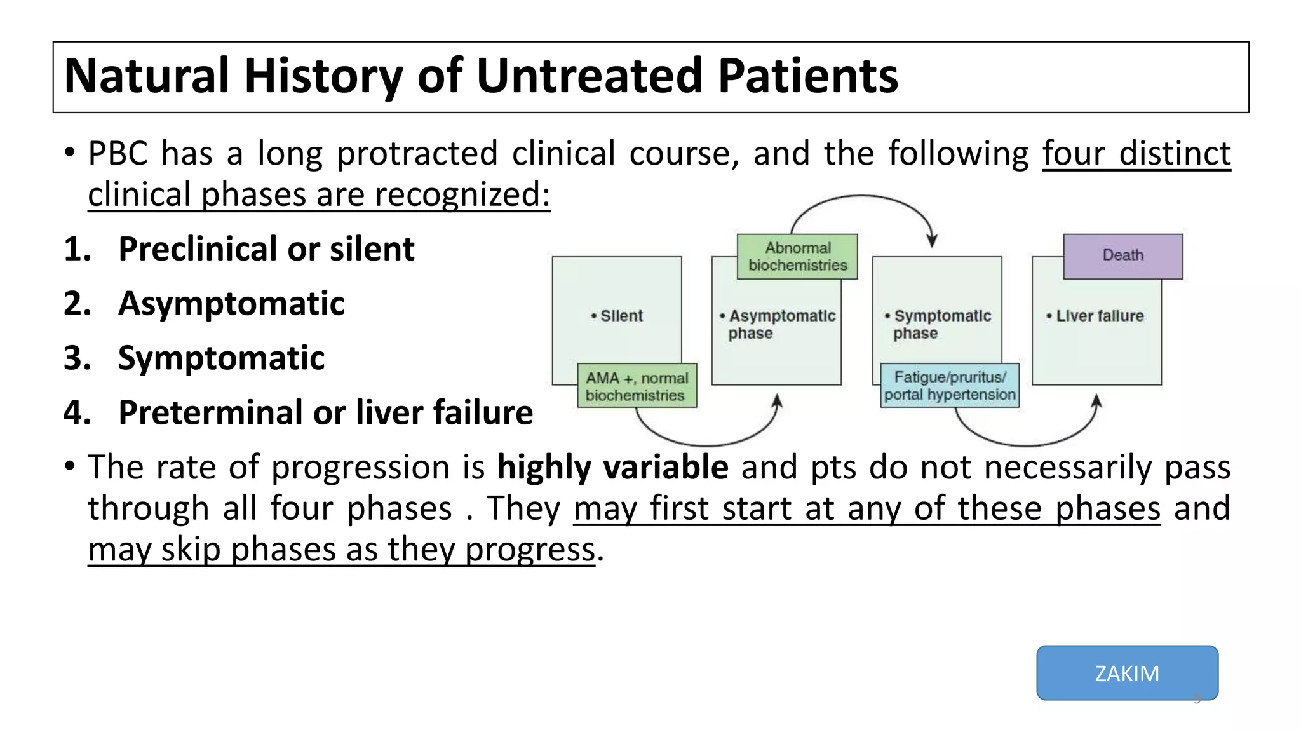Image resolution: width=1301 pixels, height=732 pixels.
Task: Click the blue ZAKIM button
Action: pos(1127,673)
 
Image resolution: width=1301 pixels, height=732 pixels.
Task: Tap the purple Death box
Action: pos(1122,255)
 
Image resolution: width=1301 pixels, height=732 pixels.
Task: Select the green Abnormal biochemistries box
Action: pos(797,257)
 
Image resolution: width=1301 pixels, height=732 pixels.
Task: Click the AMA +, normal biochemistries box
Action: pos(637,386)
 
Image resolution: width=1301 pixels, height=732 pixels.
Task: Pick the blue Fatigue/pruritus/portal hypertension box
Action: pos(950,386)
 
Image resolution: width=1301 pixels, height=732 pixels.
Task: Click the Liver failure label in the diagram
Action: pos(1099,316)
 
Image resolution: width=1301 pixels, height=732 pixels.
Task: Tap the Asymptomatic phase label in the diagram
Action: pos(781,324)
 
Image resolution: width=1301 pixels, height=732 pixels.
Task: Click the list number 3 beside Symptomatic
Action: pos(76,358)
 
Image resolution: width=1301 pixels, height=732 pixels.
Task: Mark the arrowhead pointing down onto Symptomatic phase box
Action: pos(932,241)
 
